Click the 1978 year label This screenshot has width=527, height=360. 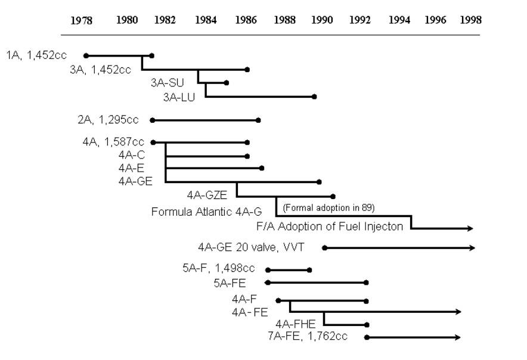coord(82,20)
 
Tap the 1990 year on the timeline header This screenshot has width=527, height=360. coord(322,20)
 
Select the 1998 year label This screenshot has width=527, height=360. coord(471,20)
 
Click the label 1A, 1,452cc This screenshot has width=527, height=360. coord(37,56)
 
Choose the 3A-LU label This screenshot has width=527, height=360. coord(179,97)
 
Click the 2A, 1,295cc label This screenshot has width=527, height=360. coord(108,120)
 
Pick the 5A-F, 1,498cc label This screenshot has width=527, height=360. coord(218,269)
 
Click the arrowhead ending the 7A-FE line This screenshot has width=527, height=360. coord(458,337)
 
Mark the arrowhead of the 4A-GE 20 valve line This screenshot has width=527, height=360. coord(473,247)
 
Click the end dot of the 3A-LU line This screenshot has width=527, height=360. coord(314,96)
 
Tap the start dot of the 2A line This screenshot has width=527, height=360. coord(153,120)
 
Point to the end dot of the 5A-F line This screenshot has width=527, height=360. coord(309,270)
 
